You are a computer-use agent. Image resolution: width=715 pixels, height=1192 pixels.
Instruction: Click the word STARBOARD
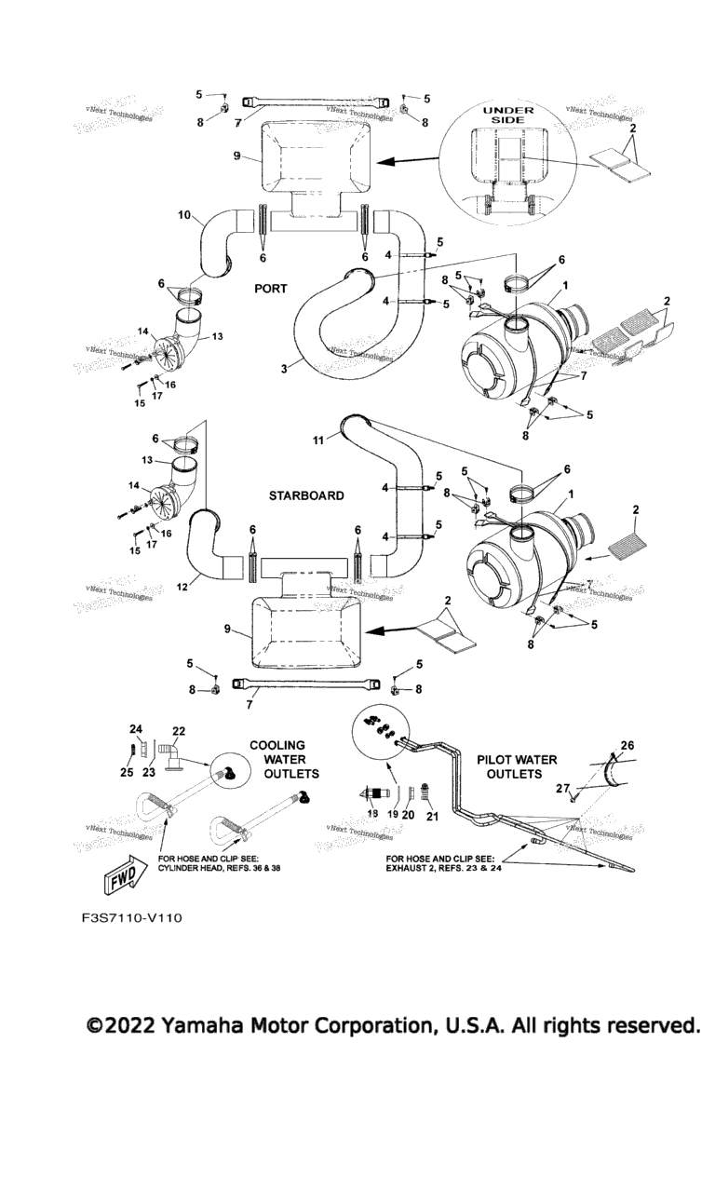[306, 495]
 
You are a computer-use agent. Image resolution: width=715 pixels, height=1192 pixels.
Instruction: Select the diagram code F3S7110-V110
[130, 919]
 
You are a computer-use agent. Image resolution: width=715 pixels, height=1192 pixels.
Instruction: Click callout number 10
[185, 215]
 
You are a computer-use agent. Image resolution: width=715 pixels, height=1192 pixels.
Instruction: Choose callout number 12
[184, 587]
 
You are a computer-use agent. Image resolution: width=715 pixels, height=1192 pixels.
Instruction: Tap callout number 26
[652, 745]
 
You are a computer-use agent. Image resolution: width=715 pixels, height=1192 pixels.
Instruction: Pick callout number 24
[135, 728]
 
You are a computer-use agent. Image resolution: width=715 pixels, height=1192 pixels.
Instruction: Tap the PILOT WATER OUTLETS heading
[517, 766]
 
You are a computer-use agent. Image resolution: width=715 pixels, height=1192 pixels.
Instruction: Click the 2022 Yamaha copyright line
[392, 1026]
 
